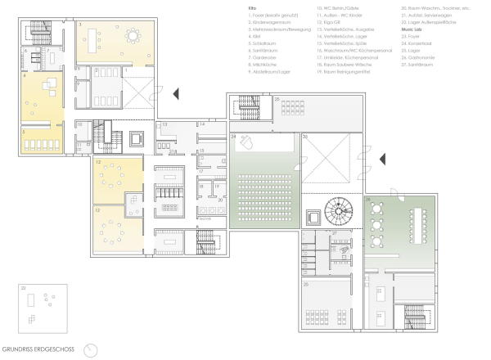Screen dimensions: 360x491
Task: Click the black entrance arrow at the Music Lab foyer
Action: [x=381, y=157]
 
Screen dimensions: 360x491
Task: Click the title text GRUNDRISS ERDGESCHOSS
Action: [x=38, y=349]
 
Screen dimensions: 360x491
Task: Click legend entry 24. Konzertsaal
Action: [x=418, y=44]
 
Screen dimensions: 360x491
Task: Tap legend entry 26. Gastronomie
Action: [x=419, y=58]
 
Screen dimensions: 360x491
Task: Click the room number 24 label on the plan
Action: [x=234, y=136]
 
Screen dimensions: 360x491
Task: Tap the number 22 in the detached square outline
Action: [x=24, y=288]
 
